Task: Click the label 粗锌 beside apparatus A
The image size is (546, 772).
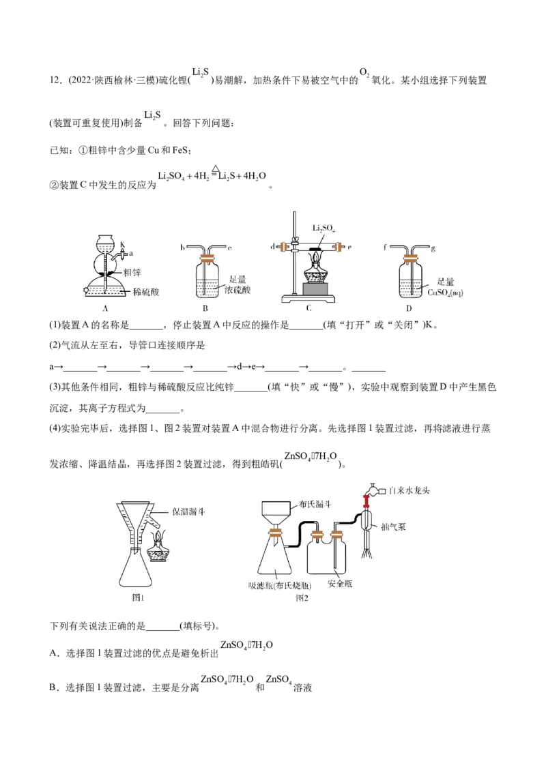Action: click(x=132, y=273)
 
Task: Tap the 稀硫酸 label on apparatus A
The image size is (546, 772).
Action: click(x=146, y=292)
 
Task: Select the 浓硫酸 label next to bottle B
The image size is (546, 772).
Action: click(x=238, y=290)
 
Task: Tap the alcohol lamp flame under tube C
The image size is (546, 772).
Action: click(x=314, y=257)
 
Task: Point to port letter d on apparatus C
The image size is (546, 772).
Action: click(x=272, y=246)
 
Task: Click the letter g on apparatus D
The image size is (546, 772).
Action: click(x=433, y=249)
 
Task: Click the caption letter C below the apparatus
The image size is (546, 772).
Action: click(x=308, y=309)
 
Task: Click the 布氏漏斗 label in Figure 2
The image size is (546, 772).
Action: click(x=315, y=505)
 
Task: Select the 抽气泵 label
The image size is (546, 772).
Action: click(x=393, y=526)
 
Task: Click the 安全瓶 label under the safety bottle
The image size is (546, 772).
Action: click(x=340, y=584)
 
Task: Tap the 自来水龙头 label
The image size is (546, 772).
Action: click(x=409, y=491)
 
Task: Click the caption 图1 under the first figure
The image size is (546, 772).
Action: click(x=138, y=597)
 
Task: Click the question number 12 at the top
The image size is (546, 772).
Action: click(x=54, y=80)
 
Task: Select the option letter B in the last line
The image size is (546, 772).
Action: click(x=53, y=687)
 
